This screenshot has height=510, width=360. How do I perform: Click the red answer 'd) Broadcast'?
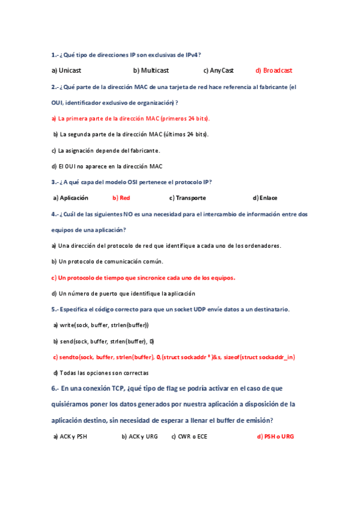coord(273,70)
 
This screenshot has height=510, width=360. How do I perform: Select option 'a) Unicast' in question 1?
coord(66,70)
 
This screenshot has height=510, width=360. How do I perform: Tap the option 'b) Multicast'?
coord(151,70)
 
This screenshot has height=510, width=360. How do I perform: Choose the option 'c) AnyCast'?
coord(218,70)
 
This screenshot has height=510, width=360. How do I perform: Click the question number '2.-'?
coord(55,87)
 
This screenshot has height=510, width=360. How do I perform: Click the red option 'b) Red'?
coord(121,197)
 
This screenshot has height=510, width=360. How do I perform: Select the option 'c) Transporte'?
coord(188,197)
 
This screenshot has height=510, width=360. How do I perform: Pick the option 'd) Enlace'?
coord(265,197)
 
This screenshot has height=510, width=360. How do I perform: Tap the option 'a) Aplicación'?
coord(71,197)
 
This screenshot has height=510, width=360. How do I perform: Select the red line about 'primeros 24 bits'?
coord(130,118)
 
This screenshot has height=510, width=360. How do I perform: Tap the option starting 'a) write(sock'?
coord(100,325)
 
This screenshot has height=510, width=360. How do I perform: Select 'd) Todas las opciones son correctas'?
coord(102,372)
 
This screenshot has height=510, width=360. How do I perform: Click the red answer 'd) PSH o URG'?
coord(275,437)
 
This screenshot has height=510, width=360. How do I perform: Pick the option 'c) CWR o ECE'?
coord(189,437)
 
